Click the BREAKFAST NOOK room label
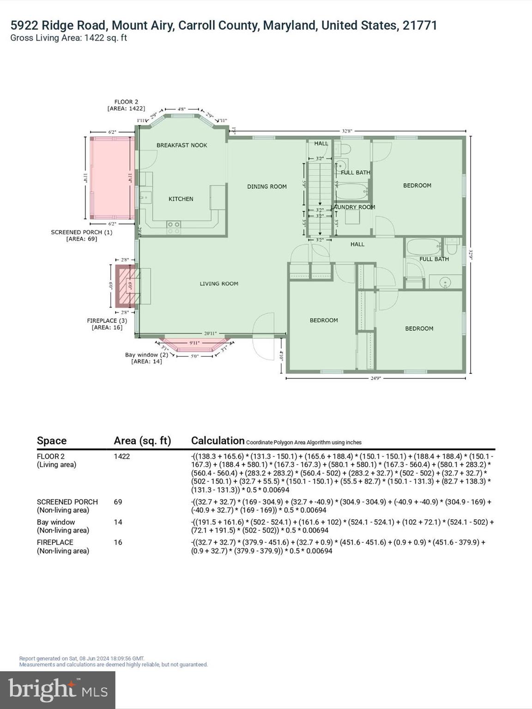pyautogui.click(x=181, y=145)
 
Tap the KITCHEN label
pyautogui.click(x=181, y=199)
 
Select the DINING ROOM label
pyautogui.click(x=267, y=186)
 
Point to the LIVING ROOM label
pyautogui.click(x=219, y=284)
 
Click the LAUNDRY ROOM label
pyautogui.click(x=354, y=207)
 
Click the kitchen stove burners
pyautogui.click(x=174, y=227)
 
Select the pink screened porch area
pyautogui.click(x=111, y=178)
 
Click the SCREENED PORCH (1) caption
pyautogui.click(x=81, y=232)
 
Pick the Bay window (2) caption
pyautogui.click(x=146, y=355)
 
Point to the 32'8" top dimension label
pyautogui.click(x=347, y=131)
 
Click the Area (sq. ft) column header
pyautogui.click(x=142, y=441)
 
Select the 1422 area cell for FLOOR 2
pyautogui.click(x=122, y=457)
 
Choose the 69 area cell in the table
pyautogui.click(x=118, y=502)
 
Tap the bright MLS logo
pyautogui.click(x=58, y=690)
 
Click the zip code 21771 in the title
pyautogui.click(x=419, y=25)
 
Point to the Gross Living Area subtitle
pyautogui.click(x=68, y=38)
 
